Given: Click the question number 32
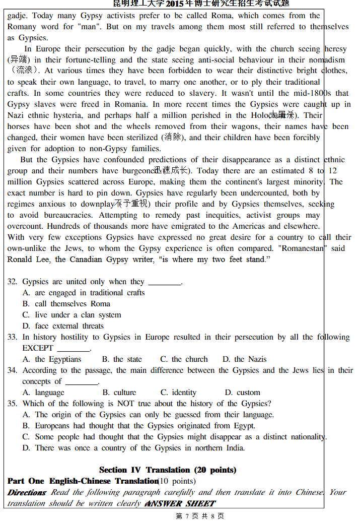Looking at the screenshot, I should click(12, 282).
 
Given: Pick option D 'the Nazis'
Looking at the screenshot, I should click(245, 359).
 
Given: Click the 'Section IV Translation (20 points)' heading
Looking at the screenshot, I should click(168, 470).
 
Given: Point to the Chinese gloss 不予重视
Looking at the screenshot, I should click(131, 204).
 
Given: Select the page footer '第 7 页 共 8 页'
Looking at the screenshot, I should click(200, 516).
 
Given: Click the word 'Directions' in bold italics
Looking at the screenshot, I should click(27, 492).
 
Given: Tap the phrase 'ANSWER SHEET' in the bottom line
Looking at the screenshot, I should click(180, 503).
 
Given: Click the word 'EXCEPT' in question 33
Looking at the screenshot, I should click(38, 348).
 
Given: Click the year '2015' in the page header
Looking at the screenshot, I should click(175, 4).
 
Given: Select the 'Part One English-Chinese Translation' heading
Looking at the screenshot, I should click(83, 481).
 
